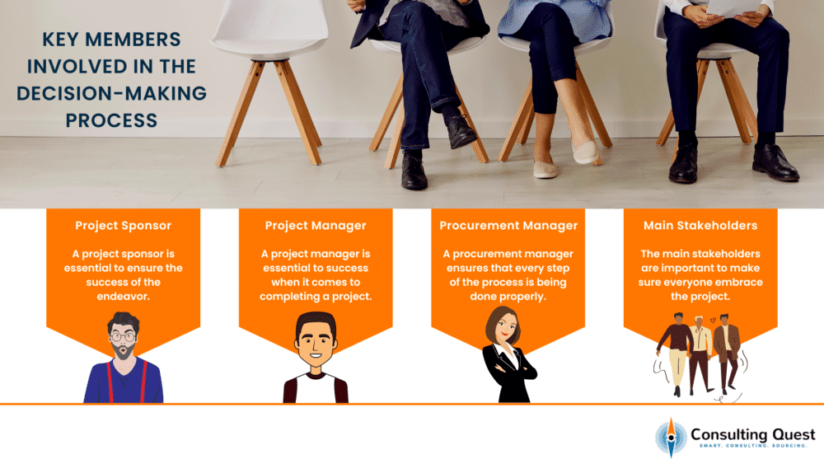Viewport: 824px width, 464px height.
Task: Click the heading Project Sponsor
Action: [x=123, y=226]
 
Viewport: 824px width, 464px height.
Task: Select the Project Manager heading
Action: [x=316, y=226]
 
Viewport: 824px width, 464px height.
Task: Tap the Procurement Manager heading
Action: [x=508, y=226]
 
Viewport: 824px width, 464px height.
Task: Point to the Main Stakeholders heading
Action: [x=700, y=226]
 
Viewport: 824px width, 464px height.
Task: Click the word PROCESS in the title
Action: [x=111, y=121]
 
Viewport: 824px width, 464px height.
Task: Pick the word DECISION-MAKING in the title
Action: [x=111, y=93]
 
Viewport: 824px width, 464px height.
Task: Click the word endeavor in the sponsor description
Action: [x=123, y=297]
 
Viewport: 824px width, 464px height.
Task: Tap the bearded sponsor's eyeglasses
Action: [x=123, y=337]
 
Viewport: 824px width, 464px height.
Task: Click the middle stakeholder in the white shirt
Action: [x=700, y=353]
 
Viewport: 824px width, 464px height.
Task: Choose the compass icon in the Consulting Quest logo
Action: [x=671, y=438]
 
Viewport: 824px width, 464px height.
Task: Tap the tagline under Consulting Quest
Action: [x=752, y=446]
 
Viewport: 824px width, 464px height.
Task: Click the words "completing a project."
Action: [x=316, y=297]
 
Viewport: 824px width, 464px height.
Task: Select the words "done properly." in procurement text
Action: [x=508, y=297]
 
